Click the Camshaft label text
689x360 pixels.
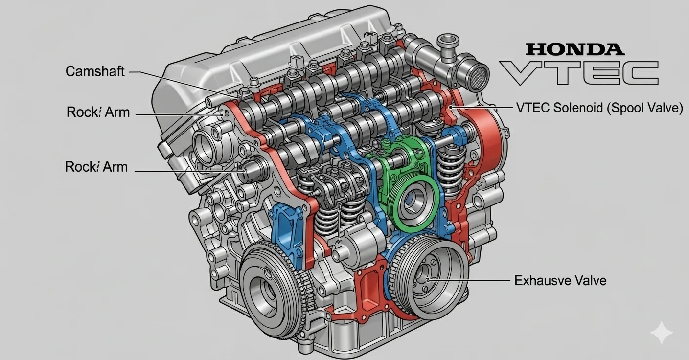pyautogui.click(x=95, y=71)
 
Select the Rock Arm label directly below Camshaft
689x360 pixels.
pyautogui.click(x=98, y=112)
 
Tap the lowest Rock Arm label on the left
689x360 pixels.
pyautogui.click(x=96, y=167)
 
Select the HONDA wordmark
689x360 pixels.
pyautogui.click(x=574, y=49)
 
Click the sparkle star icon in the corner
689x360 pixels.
pyautogui.click(x=661, y=333)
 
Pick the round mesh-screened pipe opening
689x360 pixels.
pyautogui.click(x=476, y=75)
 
